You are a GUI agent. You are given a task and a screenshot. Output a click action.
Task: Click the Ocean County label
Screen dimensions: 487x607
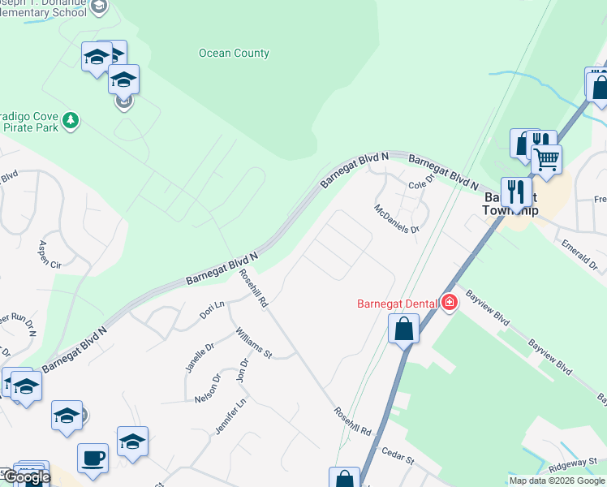pos(234,54)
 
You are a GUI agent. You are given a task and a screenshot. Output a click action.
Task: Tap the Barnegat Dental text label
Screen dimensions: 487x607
pos(398,304)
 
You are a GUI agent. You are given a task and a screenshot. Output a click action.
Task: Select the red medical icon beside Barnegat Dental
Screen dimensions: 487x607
pos(450,304)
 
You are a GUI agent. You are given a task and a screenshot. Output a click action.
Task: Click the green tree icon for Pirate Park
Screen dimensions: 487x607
pos(71,120)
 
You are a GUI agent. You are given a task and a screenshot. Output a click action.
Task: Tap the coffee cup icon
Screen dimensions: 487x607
pos(93,456)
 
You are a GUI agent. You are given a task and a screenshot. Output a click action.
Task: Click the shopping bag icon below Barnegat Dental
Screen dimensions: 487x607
pos(403,330)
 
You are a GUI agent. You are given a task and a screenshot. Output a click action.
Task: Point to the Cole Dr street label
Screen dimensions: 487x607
pos(421,185)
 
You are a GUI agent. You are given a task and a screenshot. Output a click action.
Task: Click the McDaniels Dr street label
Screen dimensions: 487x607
pos(397,218)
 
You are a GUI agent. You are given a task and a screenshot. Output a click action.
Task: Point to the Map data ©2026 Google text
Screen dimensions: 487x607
pos(557,481)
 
